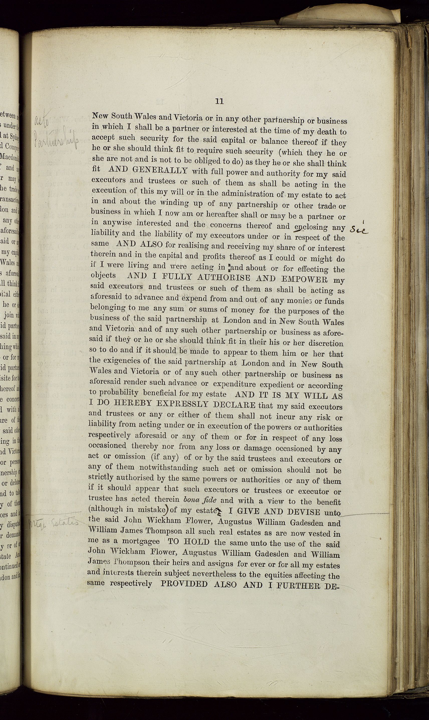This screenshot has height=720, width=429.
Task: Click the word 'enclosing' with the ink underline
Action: click(311, 227)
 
